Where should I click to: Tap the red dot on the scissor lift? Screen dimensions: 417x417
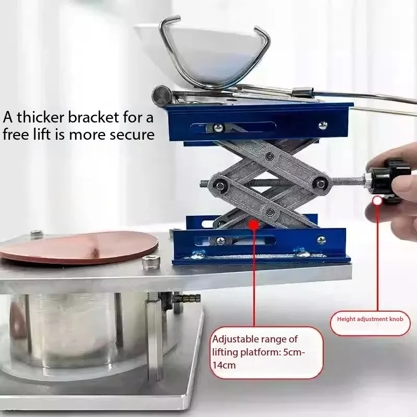click(x=254, y=225)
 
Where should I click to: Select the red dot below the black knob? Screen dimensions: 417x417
click(x=377, y=200)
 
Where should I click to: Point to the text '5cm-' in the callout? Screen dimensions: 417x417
click(x=296, y=352)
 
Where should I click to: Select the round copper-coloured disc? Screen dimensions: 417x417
click(x=79, y=247)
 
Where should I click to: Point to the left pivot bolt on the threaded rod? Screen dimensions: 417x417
click(x=220, y=186)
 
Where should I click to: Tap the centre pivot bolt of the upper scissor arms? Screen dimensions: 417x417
click(x=269, y=156)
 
